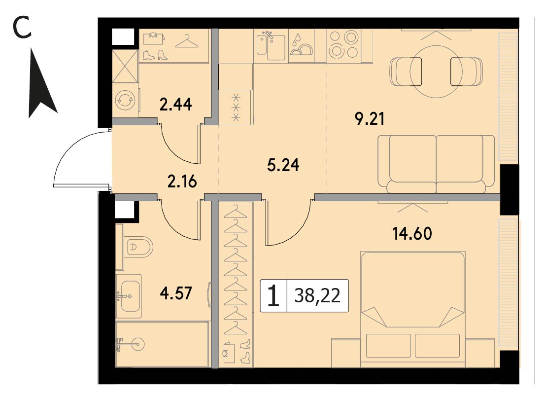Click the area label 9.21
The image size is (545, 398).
tap(370, 119)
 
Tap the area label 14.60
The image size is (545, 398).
tap(412, 233)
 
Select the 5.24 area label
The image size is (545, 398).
tap(283, 165)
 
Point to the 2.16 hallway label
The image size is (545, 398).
tap(182, 181)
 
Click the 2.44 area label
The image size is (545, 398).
tap(175, 105)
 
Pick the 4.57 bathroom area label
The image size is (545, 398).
tap(176, 293)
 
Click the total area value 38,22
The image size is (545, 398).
tap(317, 296)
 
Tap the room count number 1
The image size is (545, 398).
tap(273, 296)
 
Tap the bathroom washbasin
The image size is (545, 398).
tap(129, 296)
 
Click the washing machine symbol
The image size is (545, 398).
tap(126, 100)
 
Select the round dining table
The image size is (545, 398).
tap(436, 72)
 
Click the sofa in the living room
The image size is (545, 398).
tap(436, 164)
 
